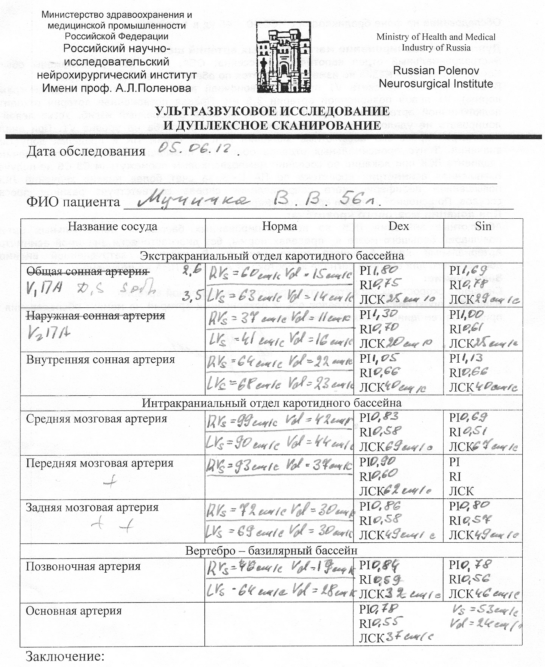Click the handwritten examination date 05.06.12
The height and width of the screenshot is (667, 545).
click(195, 148)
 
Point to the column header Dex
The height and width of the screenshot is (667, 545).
click(399, 226)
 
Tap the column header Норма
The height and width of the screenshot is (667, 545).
click(279, 226)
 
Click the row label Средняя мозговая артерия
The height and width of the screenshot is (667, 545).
click(97, 419)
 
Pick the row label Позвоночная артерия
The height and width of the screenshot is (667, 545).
click(83, 566)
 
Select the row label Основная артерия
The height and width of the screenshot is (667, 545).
click(73, 611)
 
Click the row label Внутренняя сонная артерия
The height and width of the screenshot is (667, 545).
click(100, 359)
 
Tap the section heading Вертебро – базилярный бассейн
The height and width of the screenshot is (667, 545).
click(271, 550)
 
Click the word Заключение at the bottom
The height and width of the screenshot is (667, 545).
click(65, 656)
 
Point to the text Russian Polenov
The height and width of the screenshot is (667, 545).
click(436, 70)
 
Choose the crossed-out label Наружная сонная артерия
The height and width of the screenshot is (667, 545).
click(95, 315)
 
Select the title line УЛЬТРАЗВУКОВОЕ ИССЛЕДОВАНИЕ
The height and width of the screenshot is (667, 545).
click(272, 111)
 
